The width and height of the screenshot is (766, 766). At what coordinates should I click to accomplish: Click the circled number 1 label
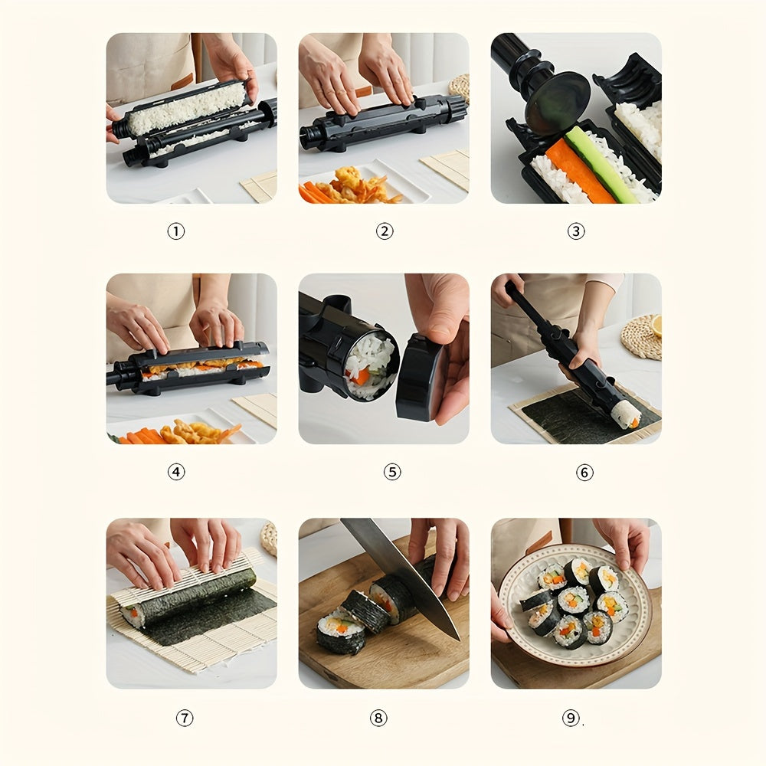tap(176, 231)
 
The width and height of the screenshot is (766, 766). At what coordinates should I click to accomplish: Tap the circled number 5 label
tap(392, 473)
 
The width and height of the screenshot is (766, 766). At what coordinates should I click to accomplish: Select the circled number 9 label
tap(571, 718)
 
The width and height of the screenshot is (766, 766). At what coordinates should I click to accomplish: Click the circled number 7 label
tap(185, 718)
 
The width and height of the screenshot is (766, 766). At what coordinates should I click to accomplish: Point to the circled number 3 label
tap(576, 231)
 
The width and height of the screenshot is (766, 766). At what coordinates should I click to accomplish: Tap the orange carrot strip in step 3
tap(578, 172)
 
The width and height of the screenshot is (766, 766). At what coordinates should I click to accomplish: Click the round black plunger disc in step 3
tap(558, 103)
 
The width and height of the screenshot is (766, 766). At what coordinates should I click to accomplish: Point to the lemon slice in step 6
tap(656, 326)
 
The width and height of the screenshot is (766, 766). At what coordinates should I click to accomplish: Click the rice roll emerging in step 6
tap(627, 414)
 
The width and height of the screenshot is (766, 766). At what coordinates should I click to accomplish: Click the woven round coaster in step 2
tap(460, 87)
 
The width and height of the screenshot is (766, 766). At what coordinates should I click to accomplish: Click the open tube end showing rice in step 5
tap(370, 365)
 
